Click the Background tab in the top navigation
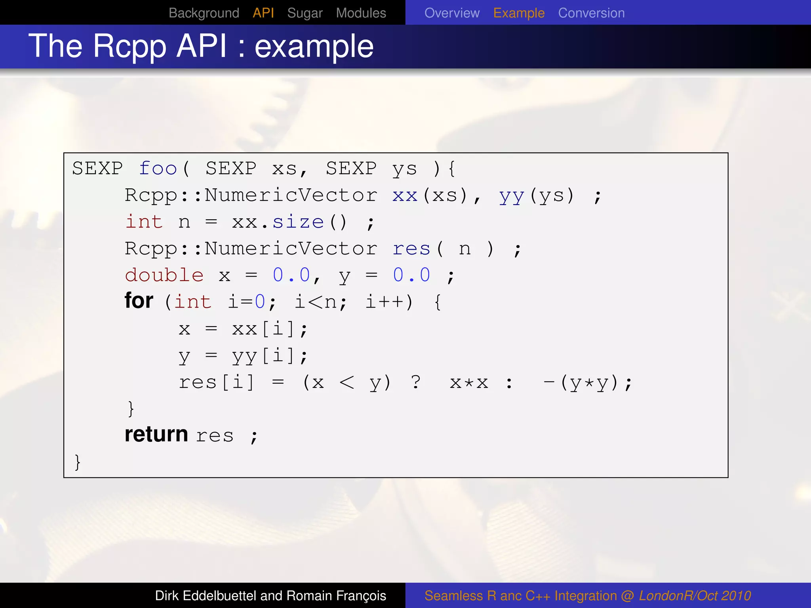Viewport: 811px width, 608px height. click(x=204, y=13)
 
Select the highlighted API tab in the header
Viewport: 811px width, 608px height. click(x=263, y=13)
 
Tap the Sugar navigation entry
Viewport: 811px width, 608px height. click(x=305, y=13)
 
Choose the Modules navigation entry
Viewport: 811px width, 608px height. click(x=361, y=13)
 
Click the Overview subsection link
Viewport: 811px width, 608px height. click(x=452, y=13)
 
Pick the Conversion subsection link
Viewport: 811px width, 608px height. click(x=591, y=13)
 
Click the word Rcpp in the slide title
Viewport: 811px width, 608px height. click(x=130, y=47)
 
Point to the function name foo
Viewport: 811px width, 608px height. click(x=158, y=169)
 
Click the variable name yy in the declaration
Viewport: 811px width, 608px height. click(x=512, y=196)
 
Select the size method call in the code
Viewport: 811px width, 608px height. click(x=298, y=222)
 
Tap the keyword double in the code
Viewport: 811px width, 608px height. click(x=164, y=275)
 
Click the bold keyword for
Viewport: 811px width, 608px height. click(x=139, y=301)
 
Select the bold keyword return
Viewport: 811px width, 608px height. click(x=156, y=435)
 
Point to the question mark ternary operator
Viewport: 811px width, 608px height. click(x=416, y=382)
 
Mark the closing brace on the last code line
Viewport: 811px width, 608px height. click(x=78, y=462)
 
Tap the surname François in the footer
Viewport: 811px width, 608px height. click(x=361, y=596)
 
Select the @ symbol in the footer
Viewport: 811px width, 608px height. click(x=628, y=596)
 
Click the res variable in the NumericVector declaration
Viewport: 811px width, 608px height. click(x=411, y=249)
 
